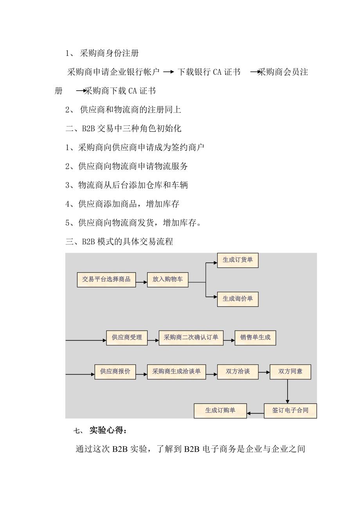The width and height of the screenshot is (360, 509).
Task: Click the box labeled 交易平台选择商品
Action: [106, 280]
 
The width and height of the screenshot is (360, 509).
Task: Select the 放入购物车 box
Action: [167, 280]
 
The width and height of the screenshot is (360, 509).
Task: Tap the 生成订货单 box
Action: [238, 260]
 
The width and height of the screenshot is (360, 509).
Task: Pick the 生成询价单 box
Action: [238, 299]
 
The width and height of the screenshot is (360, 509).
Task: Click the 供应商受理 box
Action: [127, 338]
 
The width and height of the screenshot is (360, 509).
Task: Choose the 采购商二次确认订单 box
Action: [191, 338]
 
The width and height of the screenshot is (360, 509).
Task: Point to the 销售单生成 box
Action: [255, 338]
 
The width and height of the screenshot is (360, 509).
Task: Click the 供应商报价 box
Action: [115, 372]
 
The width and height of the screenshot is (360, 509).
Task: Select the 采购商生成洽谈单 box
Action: [176, 372]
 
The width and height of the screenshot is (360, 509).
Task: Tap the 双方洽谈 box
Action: [238, 372]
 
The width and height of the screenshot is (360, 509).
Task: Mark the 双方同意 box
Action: [290, 372]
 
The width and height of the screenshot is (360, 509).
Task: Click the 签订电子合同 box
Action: [290, 411]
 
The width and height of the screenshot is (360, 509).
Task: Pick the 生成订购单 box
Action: [220, 411]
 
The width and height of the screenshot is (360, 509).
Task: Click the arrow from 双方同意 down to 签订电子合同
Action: [288, 391]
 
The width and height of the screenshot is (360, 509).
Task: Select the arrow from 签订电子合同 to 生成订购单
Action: [256, 413]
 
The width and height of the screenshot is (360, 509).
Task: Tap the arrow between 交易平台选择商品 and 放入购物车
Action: [141, 282]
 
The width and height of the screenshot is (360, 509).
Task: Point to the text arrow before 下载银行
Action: [169, 72]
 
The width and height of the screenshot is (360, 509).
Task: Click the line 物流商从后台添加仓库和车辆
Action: [127, 185]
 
